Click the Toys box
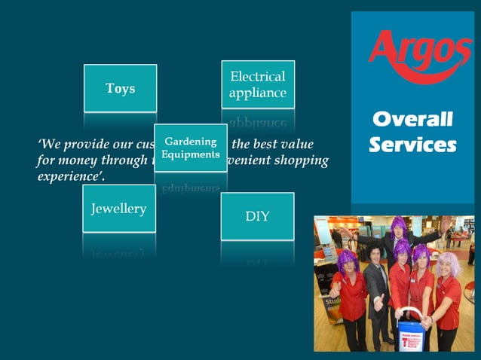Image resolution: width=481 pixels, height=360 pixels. (120, 89)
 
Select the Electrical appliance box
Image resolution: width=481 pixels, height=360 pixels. (258, 84)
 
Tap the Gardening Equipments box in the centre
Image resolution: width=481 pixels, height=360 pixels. (191, 148)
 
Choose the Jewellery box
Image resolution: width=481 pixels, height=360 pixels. (118, 209)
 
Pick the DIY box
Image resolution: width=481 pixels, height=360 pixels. (257, 217)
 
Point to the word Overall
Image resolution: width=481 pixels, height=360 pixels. (412, 120)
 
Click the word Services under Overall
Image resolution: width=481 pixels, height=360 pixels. (412, 144)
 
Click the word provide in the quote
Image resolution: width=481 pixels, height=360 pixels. (89, 144)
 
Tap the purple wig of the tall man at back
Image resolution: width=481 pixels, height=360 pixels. (398, 224)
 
